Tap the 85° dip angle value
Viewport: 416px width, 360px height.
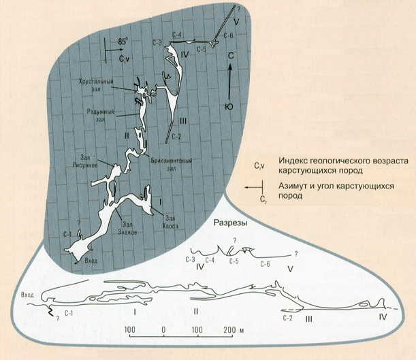123,42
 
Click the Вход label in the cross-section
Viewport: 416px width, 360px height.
28,295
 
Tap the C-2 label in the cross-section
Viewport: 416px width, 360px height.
289,317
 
